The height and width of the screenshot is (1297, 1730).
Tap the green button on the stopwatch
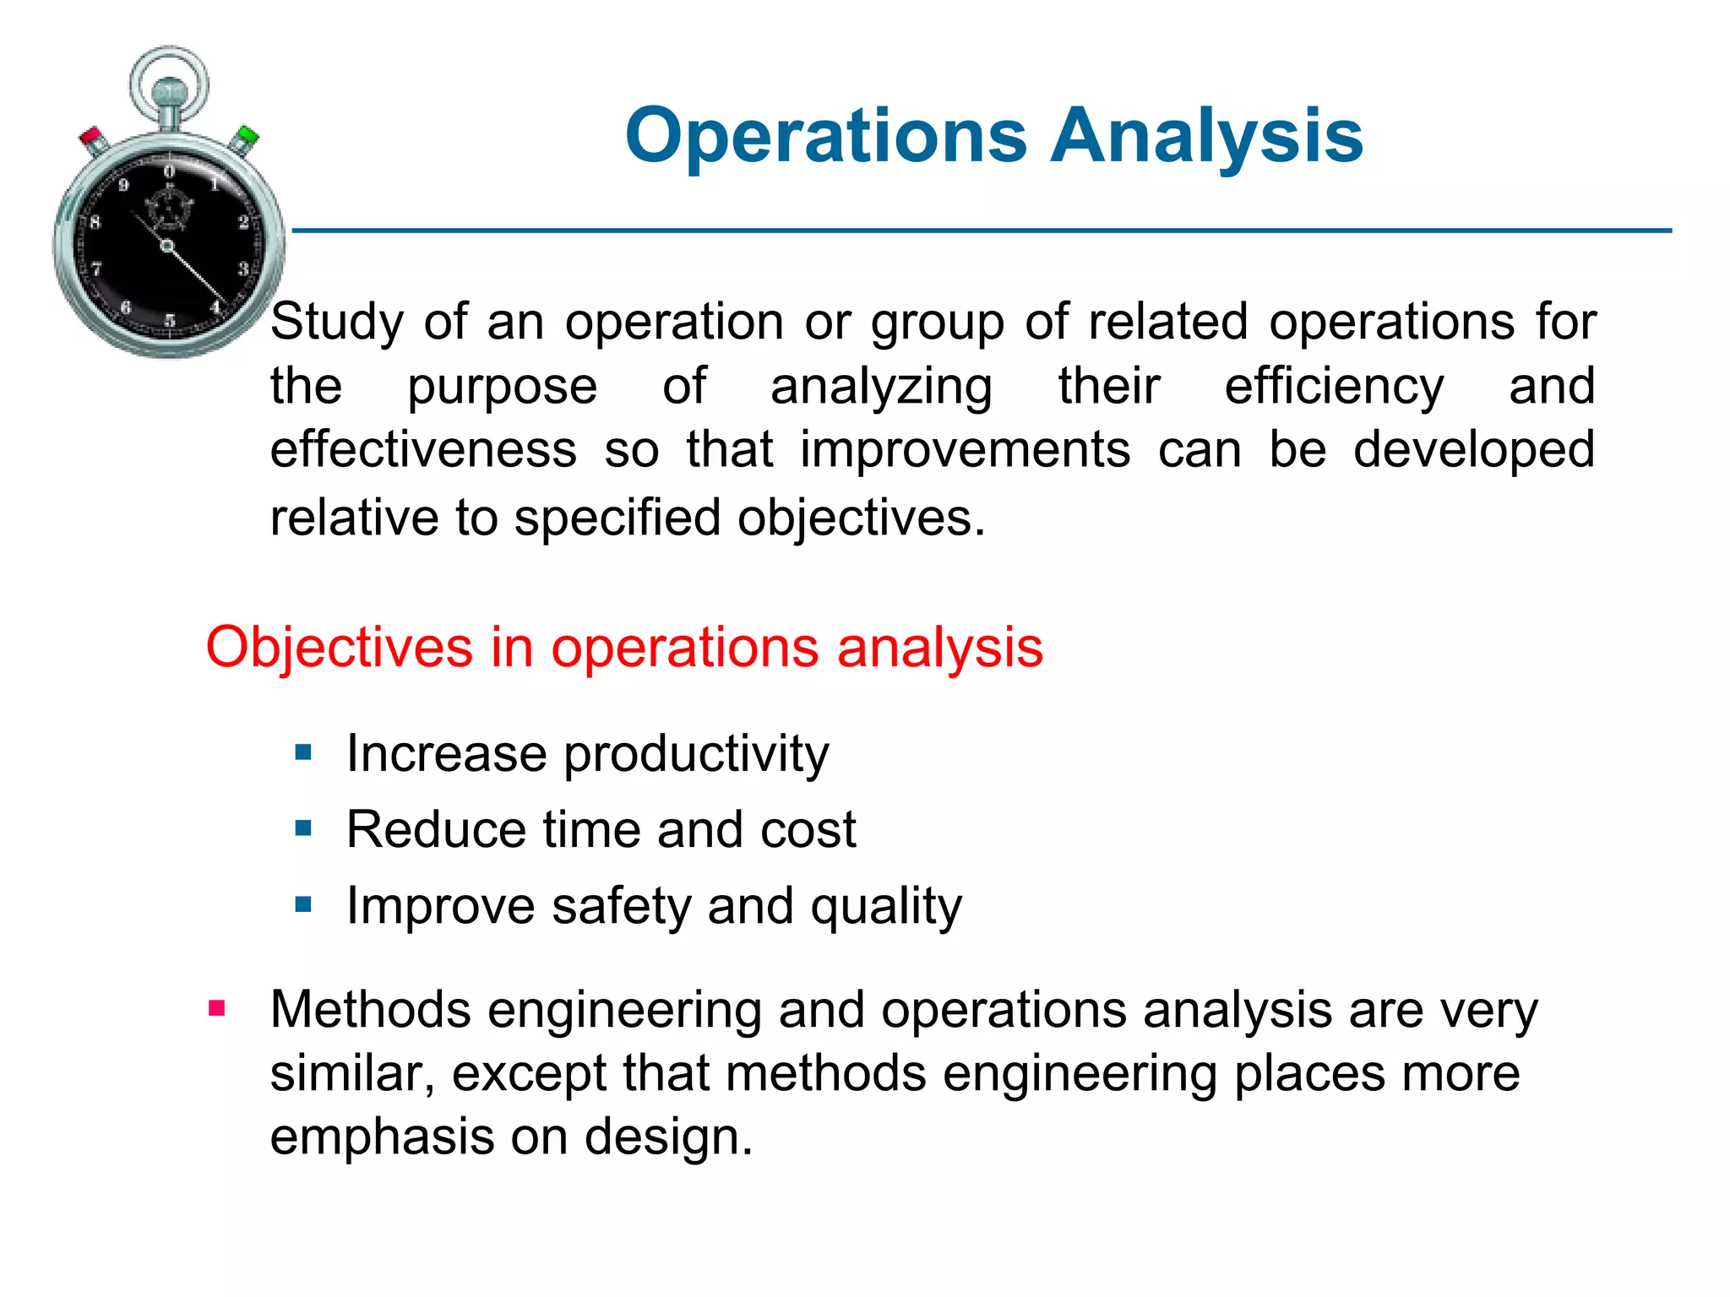coord(247,135)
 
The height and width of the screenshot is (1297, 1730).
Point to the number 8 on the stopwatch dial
coord(95,223)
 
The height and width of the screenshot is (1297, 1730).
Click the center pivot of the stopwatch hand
coord(166,246)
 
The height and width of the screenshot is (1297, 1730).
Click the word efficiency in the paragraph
coord(1334,387)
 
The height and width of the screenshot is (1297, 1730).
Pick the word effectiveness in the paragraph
coord(423,450)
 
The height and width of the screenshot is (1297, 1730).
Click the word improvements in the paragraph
coord(965,450)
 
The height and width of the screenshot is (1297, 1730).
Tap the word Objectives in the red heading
coord(339,648)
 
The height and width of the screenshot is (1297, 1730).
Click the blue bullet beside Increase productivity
coord(303,752)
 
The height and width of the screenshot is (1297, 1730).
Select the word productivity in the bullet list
coord(696,754)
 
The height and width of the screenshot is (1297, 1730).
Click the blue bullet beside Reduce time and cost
coord(303,828)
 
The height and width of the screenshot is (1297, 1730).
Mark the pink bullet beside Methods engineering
coord(217,1007)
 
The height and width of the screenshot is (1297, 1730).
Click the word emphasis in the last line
coord(381,1137)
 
